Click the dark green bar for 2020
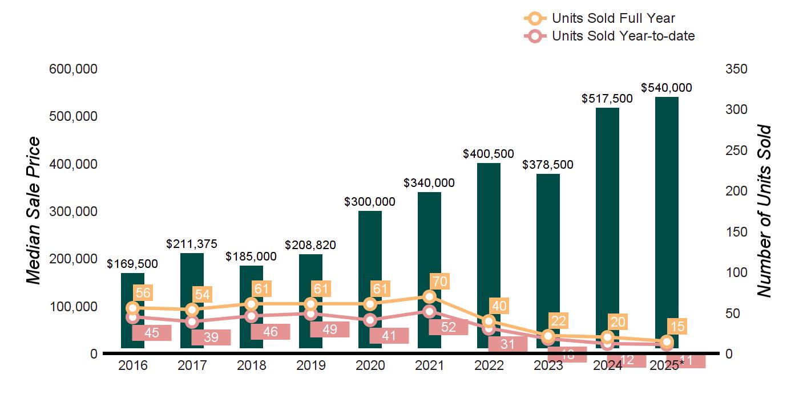point(370,256)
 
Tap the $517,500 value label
point(607,99)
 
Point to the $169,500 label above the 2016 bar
point(132,264)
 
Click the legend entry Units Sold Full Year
point(614,18)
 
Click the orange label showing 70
point(441,281)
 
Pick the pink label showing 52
point(449,327)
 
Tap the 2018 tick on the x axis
point(251,365)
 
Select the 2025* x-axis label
point(667,365)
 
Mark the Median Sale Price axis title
point(34,211)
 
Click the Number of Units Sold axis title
point(764,211)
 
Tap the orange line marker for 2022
point(489,321)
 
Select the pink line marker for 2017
point(192,322)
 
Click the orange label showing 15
point(678,327)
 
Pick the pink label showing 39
point(211,337)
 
